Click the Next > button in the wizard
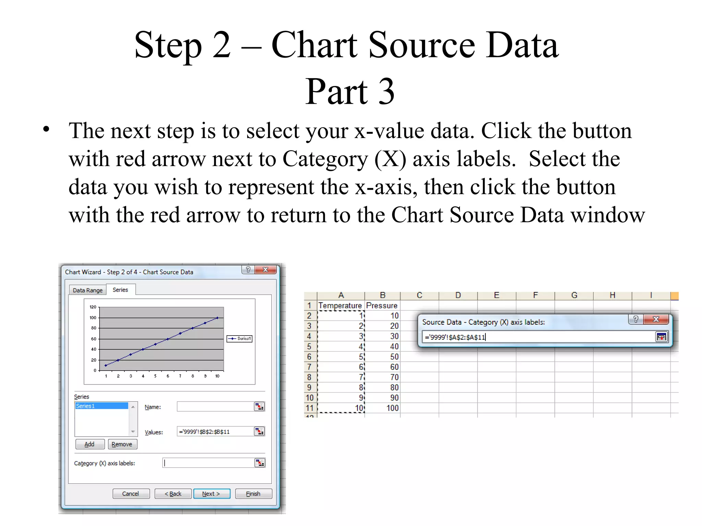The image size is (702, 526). [211, 493]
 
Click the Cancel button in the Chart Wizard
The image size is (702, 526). [131, 493]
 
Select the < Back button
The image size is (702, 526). [173, 493]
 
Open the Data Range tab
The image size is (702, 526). [87, 290]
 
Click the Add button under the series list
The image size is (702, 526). [89, 444]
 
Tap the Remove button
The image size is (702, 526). [122, 444]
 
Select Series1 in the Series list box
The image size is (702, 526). [101, 406]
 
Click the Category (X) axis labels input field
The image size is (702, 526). [208, 463]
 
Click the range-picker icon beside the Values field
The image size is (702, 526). [259, 431]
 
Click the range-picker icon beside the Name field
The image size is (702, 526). [259, 406]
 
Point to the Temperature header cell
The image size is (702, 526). [340, 305]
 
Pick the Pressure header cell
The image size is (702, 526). [382, 305]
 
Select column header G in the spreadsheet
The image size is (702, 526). [574, 295]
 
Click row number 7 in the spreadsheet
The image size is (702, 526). [310, 367]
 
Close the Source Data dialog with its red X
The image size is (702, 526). [656, 319]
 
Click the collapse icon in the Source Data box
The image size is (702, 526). [661, 337]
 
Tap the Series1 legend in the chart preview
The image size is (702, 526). [240, 338]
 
